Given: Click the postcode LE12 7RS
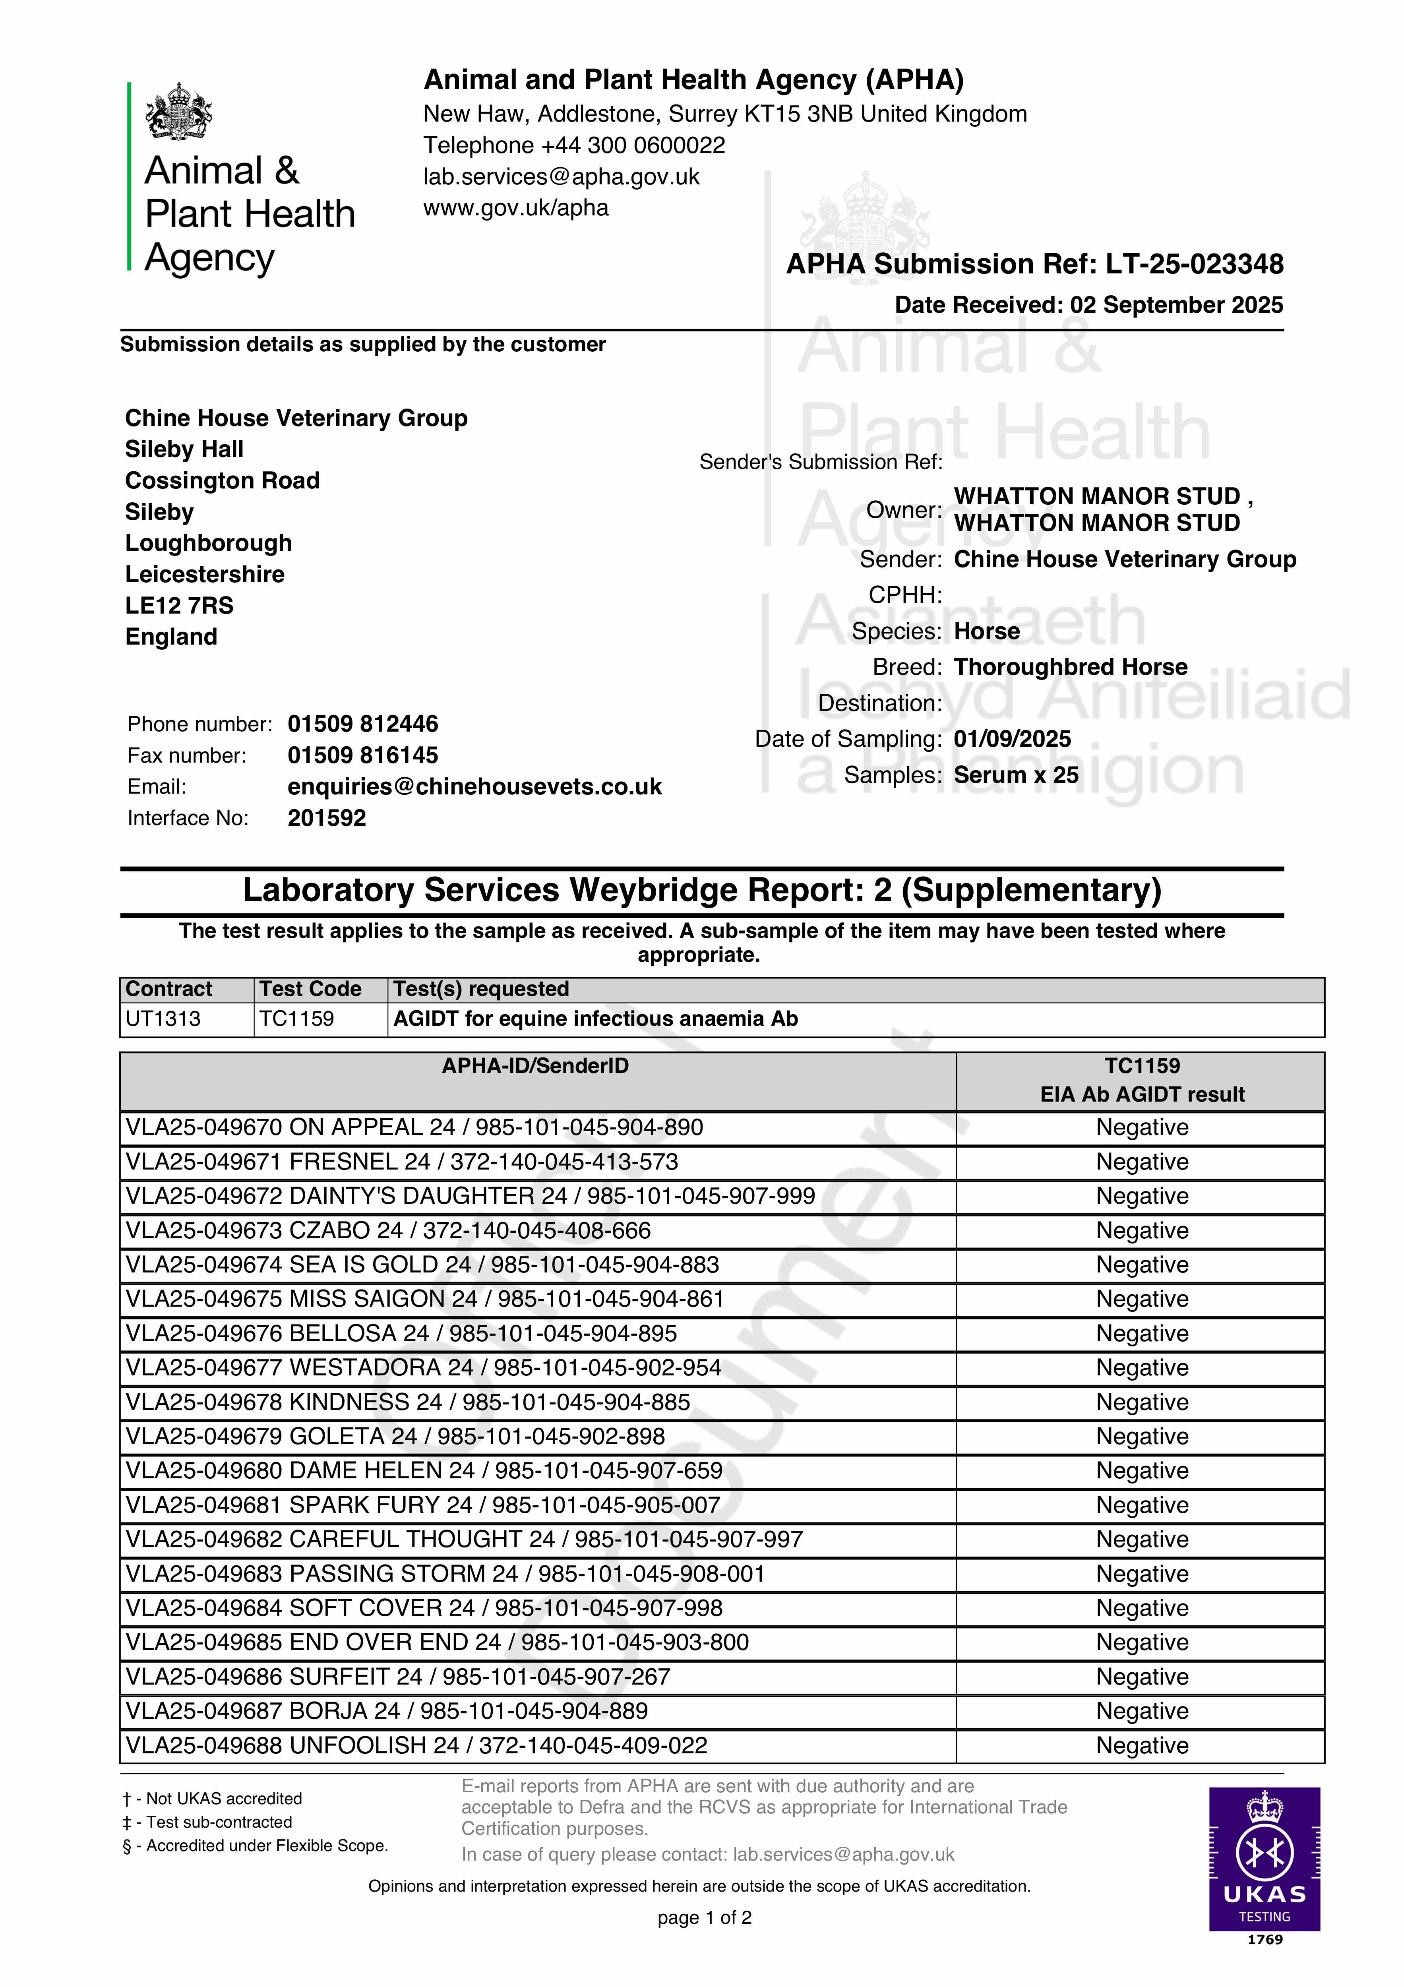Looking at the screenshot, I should coord(179,606).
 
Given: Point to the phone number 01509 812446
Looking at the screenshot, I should coord(363,724).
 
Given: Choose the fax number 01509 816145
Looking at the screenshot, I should coord(363,755).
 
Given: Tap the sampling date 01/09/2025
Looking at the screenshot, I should coord(1012,739).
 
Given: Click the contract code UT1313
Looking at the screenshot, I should coord(163,1019).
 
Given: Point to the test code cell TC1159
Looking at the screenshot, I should coord(296,1019).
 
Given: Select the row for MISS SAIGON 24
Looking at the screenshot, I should coord(424,1299).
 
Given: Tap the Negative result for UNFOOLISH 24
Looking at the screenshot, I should coord(1142,1745).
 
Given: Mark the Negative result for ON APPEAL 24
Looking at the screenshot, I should coord(1142,1128).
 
